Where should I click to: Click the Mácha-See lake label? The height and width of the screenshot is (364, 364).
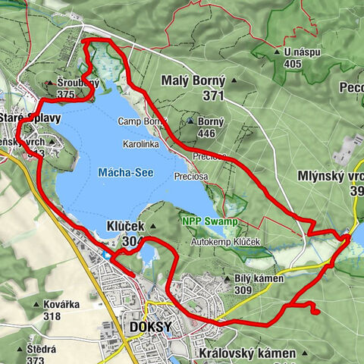tap(125, 173)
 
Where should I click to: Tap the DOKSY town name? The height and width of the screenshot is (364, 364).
tap(147, 328)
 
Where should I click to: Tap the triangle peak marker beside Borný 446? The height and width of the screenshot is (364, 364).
tap(189, 121)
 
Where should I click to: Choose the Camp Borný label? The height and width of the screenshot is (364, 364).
tap(141, 121)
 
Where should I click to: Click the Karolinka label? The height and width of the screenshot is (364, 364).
tap(141, 143)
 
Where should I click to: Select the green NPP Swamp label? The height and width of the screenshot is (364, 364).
tap(210, 221)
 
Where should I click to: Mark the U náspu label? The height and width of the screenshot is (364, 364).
tap(301, 52)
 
